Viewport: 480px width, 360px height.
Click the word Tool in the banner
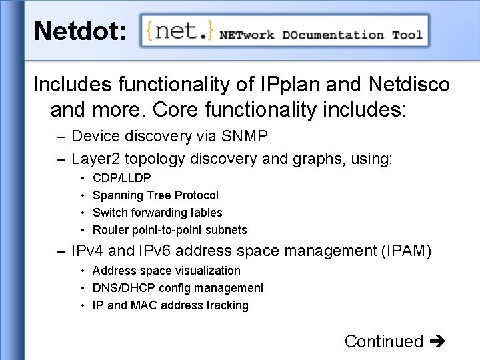tap(407, 35)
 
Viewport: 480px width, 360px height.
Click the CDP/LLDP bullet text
tap(122, 178)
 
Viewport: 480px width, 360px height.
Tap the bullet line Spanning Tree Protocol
tap(155, 195)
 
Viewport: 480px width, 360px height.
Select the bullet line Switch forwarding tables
tap(157, 213)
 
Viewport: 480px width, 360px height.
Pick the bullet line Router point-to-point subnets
tap(169, 230)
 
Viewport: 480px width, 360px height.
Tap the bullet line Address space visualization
tap(167, 271)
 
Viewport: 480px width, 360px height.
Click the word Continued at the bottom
tap(384, 341)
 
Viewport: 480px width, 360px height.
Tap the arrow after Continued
tap(437, 342)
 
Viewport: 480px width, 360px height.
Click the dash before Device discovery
tap(61, 137)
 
